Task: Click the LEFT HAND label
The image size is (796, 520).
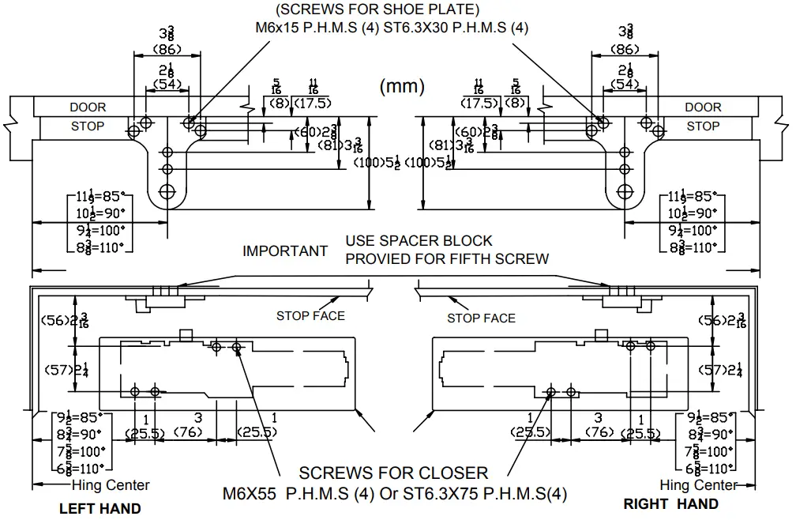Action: click(99, 508)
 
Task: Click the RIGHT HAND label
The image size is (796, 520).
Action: click(670, 503)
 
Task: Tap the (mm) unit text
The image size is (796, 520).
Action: click(403, 86)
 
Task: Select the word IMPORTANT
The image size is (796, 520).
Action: click(284, 251)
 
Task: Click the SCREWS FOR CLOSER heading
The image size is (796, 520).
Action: click(393, 473)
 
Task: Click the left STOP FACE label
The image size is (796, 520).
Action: click(310, 316)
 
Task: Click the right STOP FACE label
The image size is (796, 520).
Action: click(481, 318)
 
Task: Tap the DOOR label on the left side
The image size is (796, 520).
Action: click(88, 107)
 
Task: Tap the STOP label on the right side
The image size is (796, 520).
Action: click(703, 126)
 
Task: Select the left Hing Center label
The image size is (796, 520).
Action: click(111, 485)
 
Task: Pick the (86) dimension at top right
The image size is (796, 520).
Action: click(625, 49)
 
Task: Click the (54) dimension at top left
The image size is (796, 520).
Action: click(167, 83)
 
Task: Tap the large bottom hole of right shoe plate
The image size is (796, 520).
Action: click(625, 190)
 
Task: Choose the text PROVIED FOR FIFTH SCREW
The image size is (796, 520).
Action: click(447, 258)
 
